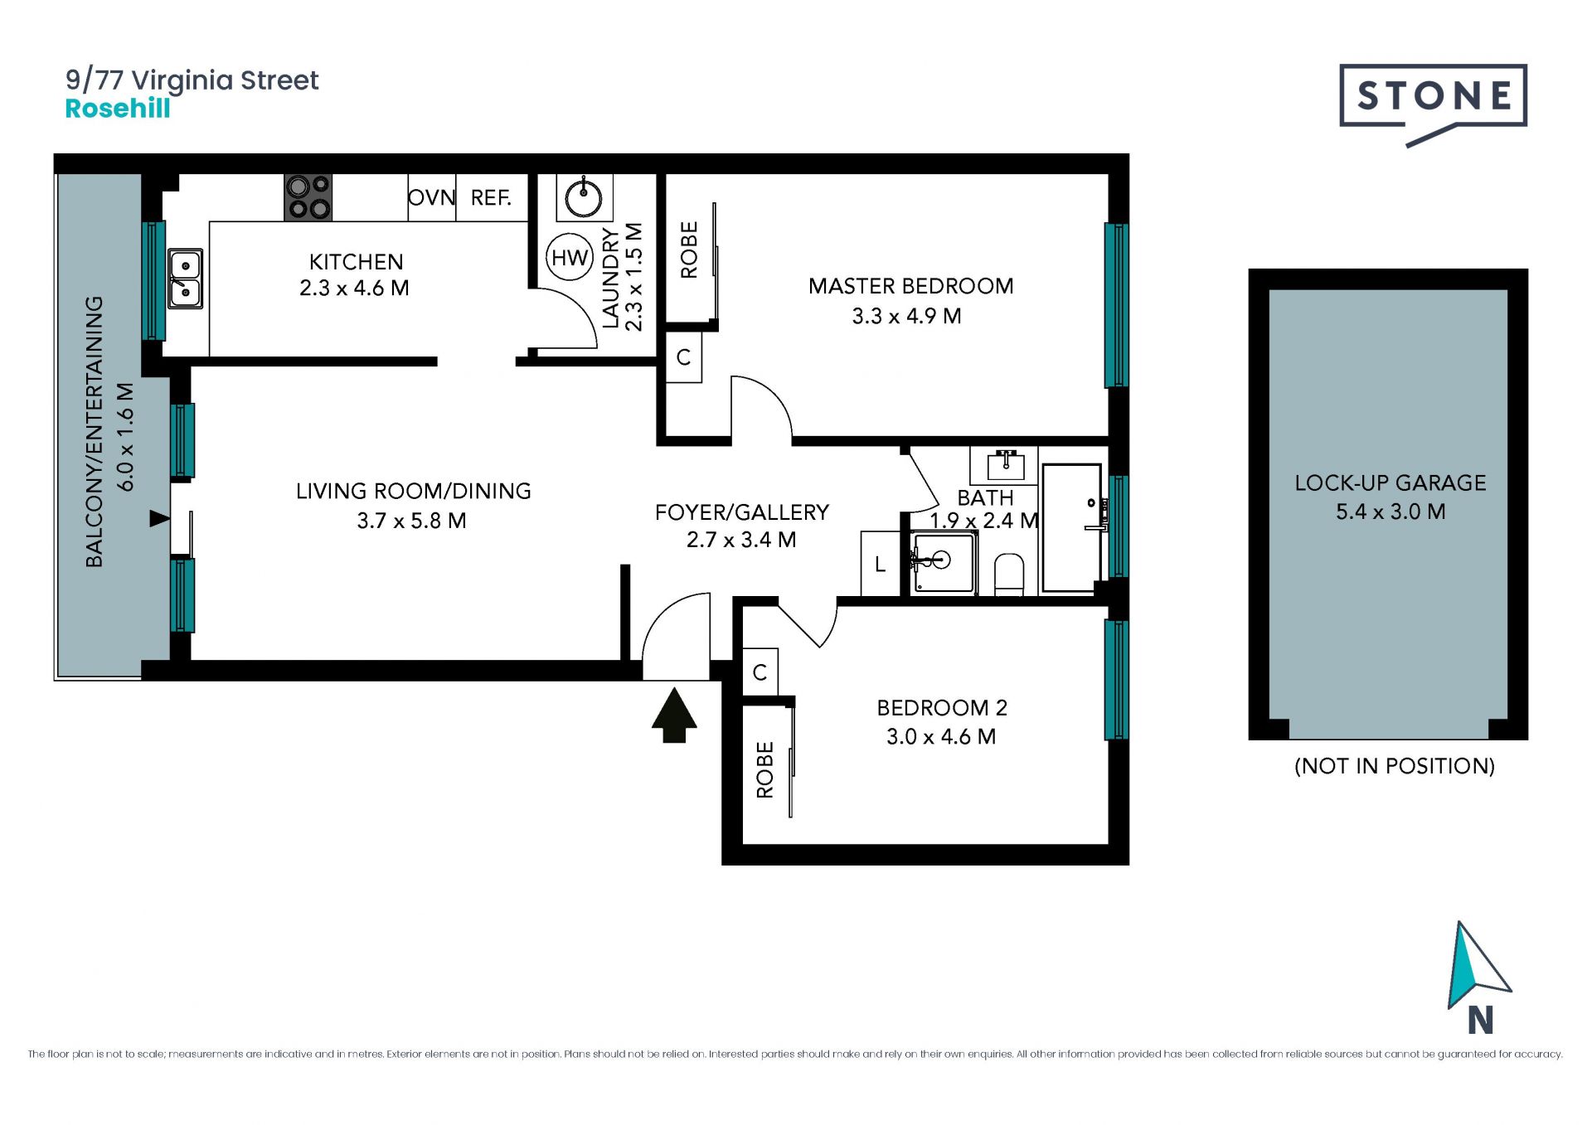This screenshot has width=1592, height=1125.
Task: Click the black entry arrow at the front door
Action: (674, 715)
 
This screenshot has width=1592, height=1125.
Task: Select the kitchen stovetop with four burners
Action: (308, 197)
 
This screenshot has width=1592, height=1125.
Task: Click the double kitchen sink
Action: (185, 279)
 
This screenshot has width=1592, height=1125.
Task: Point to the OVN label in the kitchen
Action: (431, 197)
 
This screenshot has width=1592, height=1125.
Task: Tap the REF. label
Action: (491, 197)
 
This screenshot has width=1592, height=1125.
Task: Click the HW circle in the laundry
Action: (570, 258)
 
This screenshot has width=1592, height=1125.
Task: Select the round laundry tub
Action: (584, 197)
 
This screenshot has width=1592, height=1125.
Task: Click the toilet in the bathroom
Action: (1009, 575)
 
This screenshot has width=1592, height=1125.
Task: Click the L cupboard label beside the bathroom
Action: (880, 565)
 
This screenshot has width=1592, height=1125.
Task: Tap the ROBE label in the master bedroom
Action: (689, 250)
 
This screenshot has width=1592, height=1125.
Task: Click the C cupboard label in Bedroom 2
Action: (760, 672)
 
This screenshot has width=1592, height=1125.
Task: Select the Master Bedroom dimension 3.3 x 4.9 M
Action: (906, 316)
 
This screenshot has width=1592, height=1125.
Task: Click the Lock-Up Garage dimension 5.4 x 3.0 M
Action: (1391, 512)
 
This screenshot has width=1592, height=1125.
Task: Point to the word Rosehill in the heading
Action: (118, 109)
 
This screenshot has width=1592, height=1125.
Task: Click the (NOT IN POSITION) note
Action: (1395, 766)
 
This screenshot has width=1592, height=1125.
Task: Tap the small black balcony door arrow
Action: (159, 519)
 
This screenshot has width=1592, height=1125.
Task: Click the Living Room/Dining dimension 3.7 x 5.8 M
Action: (412, 521)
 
